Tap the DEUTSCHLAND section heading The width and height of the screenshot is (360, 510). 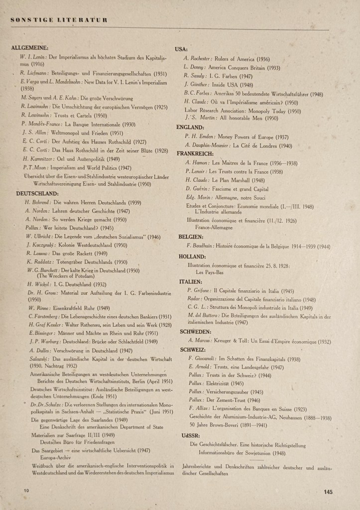coord(37,194)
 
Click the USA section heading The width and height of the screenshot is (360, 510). coord(181,49)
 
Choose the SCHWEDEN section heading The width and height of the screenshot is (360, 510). coord(192,332)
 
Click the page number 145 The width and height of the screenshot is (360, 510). coord(328,492)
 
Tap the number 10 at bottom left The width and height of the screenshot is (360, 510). coord(26,491)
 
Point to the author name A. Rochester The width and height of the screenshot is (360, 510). coord(198,58)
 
